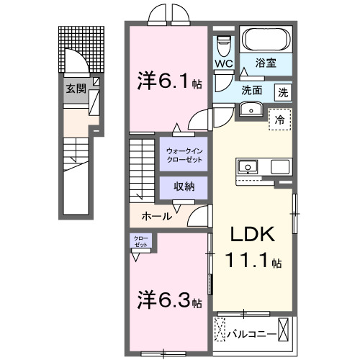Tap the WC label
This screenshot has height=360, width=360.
223,63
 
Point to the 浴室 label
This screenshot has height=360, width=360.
266,63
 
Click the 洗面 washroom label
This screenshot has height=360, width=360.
251,91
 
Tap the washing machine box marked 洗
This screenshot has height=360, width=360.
283,91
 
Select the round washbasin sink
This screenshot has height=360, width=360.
251,109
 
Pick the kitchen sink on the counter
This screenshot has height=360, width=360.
248,166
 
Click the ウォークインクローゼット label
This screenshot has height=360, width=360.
184,154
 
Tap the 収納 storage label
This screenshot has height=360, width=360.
184,186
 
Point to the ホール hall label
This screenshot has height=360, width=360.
156,215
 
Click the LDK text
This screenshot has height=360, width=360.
253,237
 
